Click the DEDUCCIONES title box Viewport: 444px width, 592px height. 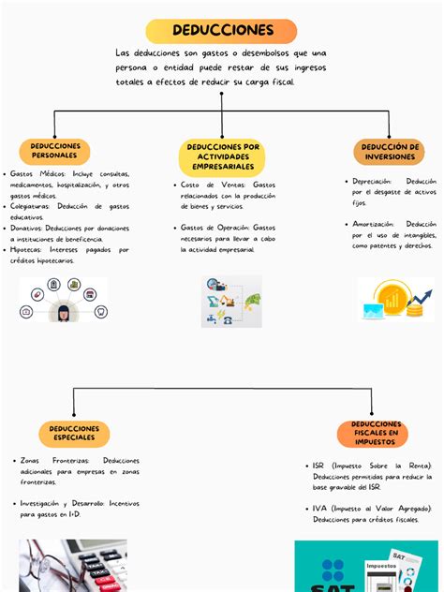tap(222, 31)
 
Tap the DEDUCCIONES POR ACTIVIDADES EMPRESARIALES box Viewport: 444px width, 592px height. tap(222, 157)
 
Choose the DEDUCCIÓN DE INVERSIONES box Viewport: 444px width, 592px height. tap(390, 152)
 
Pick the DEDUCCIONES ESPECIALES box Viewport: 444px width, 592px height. tap(74, 434)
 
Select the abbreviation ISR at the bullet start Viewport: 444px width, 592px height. tap(319, 466)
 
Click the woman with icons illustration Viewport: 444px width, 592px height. tap(64, 300)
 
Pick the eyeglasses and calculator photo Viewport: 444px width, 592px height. tap(71, 566)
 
